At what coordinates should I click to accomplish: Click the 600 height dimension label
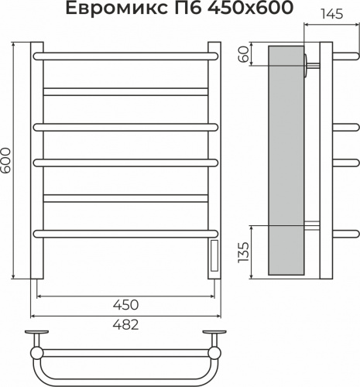(5, 160)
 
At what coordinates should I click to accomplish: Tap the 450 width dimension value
(125, 305)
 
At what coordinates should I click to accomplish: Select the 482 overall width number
(125, 324)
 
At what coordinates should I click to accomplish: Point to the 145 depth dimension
(332, 14)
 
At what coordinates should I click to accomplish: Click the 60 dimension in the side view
(244, 54)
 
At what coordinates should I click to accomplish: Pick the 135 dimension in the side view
(244, 252)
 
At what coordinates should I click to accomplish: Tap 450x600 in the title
(251, 8)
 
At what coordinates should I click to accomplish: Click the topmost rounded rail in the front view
(125, 57)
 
